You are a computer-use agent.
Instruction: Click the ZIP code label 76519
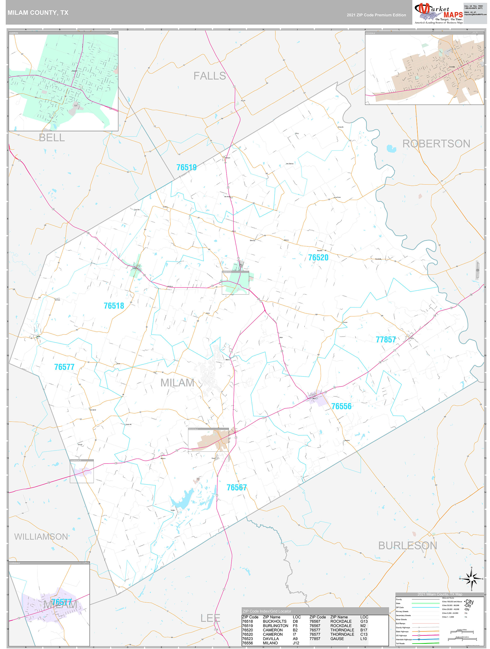[186, 167]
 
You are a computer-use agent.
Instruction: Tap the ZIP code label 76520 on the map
[318, 257]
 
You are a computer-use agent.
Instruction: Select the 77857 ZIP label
[386, 339]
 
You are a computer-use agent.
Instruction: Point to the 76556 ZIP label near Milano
[341, 406]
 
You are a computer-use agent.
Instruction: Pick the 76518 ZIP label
[114, 306]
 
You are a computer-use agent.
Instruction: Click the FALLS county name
[209, 76]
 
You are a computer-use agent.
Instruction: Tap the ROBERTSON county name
[436, 144]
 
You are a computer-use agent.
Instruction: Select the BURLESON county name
[408, 545]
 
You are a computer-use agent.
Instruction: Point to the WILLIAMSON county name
[41, 537]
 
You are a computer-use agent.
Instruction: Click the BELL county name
[52, 138]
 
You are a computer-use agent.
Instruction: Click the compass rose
[471, 579]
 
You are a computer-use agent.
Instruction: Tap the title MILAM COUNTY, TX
[38, 13]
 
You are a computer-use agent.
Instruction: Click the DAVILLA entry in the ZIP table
[271, 639]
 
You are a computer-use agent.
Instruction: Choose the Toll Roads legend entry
[400, 644]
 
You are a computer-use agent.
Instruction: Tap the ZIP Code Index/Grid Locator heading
[267, 611]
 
